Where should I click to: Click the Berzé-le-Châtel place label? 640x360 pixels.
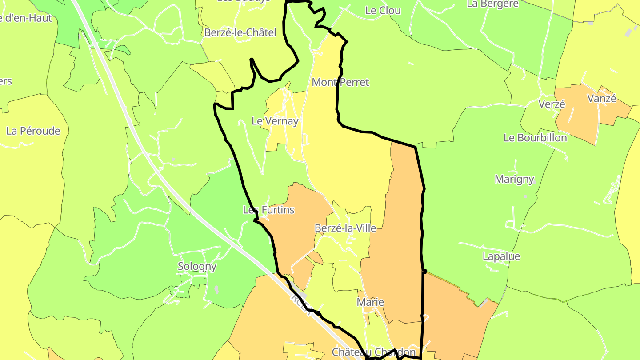coord(240,32)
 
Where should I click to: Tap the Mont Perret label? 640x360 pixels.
coord(340,82)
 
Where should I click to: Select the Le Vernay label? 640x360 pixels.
coord(275,121)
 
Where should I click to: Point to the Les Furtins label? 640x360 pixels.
coord(268,210)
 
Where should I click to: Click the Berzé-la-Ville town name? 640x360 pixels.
coord(345,228)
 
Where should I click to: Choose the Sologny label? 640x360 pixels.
coord(197,267)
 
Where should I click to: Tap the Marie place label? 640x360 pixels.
coord(370,302)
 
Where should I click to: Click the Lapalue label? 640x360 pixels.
coord(501,256)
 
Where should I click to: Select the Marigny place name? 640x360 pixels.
coord(514,179)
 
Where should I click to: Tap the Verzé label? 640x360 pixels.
coord(552,104)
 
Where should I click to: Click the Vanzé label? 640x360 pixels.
coord(602,99)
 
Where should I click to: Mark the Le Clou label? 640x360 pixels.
coord(383,11)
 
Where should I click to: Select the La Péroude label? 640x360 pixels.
coord(33,131)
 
